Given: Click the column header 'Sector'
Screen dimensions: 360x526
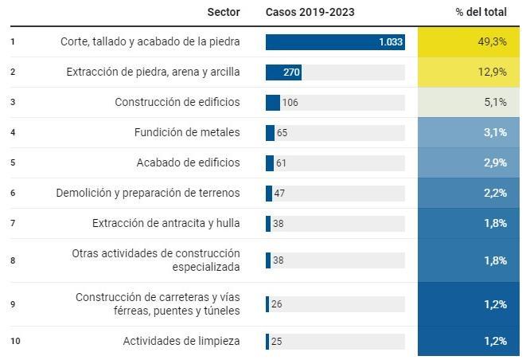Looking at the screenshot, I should pos(223,12).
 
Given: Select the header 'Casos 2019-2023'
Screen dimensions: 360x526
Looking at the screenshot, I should pos(310,12).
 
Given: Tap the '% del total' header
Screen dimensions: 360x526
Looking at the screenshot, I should pos(481,12).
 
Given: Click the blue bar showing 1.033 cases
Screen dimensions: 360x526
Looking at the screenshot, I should pos(335,42).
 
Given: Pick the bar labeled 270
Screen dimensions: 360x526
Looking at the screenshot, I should pos(283,72).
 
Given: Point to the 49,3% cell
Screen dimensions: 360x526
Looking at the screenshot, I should pos(469,42).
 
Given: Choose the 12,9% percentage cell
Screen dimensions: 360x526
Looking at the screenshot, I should pos(469,72).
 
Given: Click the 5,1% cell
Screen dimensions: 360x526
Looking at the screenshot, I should pos(469,102).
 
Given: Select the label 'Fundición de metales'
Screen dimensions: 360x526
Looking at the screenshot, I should pos(187,132).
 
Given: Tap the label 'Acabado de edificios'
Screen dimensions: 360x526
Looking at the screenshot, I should pos(188,162).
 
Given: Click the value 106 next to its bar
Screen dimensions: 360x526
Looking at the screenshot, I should pos(290,103).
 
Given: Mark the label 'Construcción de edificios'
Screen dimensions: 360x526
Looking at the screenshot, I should pos(177,102).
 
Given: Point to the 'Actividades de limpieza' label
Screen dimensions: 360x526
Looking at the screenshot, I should pos(181,341).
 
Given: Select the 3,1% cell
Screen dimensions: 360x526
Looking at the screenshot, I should pos(469,132).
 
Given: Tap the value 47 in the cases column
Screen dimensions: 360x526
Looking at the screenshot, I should pos(279,193).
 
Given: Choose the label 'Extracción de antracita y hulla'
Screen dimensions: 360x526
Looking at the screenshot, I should pos(166,223).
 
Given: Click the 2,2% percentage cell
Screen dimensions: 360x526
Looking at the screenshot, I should pos(469,193).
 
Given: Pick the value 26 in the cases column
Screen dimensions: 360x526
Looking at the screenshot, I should pos(276,304).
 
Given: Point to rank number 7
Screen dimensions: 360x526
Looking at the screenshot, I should pos(13,223).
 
